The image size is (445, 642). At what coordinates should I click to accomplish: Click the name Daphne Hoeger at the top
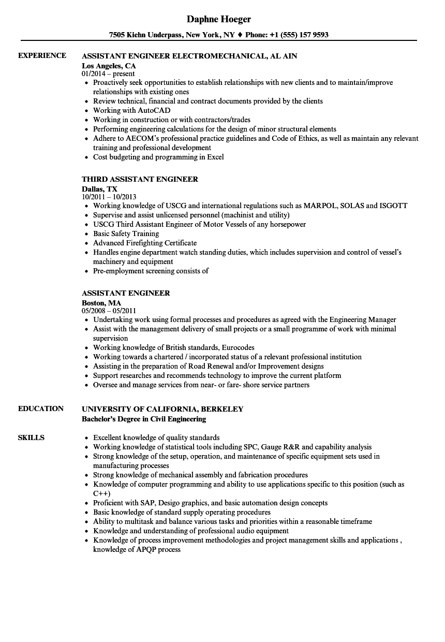click(x=219, y=19)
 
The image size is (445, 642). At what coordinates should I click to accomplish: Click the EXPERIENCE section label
click(x=42, y=55)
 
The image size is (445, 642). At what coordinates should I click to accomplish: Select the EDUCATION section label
click(x=41, y=408)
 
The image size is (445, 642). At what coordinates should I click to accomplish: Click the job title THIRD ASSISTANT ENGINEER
click(x=140, y=179)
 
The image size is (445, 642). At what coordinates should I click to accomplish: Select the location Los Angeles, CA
click(x=109, y=66)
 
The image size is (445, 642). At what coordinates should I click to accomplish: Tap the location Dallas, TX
click(x=99, y=189)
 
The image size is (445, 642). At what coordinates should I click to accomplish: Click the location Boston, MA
click(x=101, y=303)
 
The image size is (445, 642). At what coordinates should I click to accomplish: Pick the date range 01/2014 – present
click(x=108, y=74)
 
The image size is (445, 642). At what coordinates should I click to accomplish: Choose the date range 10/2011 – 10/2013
click(x=109, y=197)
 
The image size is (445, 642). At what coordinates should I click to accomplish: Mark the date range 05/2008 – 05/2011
click(x=109, y=311)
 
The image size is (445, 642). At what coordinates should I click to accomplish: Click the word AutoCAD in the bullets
click(x=154, y=110)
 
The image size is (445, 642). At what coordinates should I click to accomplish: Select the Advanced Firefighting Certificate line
click(x=145, y=243)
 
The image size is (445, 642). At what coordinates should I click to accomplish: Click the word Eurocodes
click(x=236, y=347)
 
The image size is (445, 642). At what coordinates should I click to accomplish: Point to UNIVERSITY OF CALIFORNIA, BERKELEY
click(x=162, y=409)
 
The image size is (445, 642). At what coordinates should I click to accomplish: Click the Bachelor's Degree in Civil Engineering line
click(x=144, y=419)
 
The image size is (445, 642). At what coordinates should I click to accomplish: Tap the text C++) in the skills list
click(x=102, y=493)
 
